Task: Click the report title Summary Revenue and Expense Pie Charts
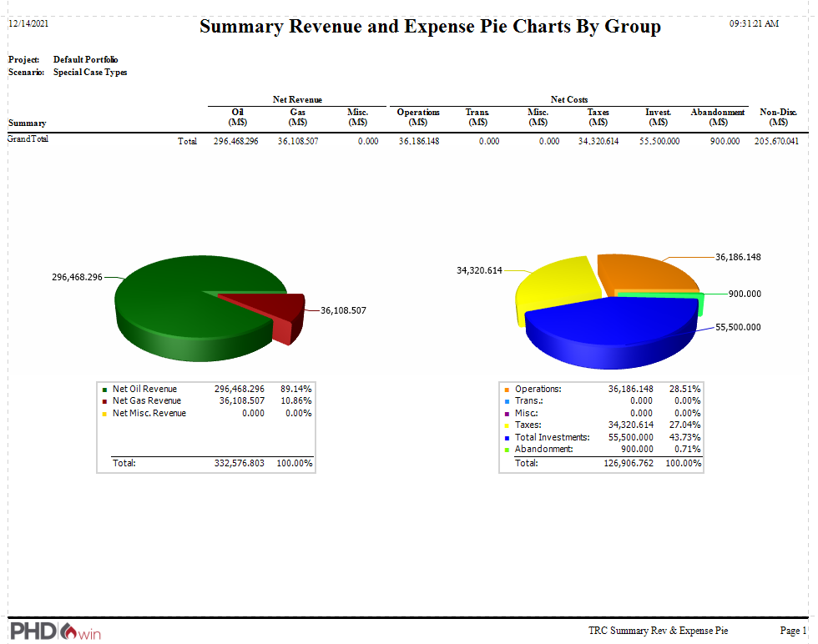[430, 27]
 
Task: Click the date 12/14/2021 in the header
[28, 23]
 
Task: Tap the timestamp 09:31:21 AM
[754, 23]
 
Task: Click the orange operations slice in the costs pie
[643, 271]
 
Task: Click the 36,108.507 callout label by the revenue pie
[343, 310]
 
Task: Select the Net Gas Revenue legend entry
[146, 401]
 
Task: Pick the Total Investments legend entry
[552, 437]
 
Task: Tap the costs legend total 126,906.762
[630, 463]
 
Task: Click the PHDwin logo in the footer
[55, 631]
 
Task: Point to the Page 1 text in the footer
[793, 631]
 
